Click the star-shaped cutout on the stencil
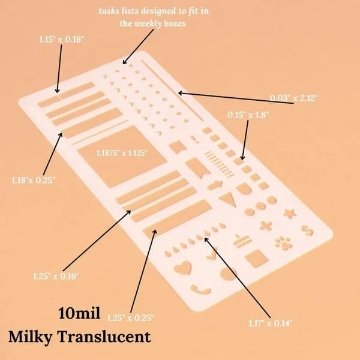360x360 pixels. (x=290, y=213)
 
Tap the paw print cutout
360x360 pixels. (x=283, y=244)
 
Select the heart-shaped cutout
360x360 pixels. (x=183, y=267)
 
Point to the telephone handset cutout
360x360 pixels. (x=200, y=290)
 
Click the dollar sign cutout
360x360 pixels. (x=307, y=230)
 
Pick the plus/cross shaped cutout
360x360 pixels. (x=266, y=226)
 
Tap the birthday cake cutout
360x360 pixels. (x=242, y=241)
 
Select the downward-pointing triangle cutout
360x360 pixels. (x=228, y=199)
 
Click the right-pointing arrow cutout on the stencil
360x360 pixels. (x=215, y=185)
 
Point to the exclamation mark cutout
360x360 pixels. (x=194, y=139)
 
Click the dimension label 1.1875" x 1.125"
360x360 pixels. (x=122, y=152)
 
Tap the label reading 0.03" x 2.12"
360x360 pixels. (x=293, y=98)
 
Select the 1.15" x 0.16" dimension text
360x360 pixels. (x=62, y=39)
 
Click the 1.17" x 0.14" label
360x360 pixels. (x=271, y=323)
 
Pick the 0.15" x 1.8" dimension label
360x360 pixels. (x=248, y=115)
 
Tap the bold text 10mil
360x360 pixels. (x=79, y=313)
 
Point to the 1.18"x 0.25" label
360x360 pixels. (x=34, y=180)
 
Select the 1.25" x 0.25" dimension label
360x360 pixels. (x=130, y=318)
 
